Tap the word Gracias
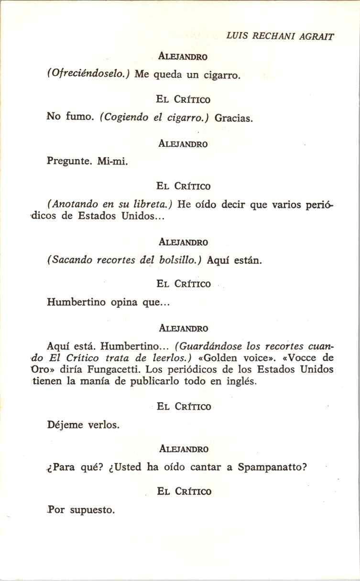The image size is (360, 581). (233, 118)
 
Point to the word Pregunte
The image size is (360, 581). (69, 161)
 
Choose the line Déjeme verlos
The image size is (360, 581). (83, 425)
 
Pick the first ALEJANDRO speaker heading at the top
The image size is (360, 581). (183, 56)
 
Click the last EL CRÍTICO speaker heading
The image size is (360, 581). (184, 492)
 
